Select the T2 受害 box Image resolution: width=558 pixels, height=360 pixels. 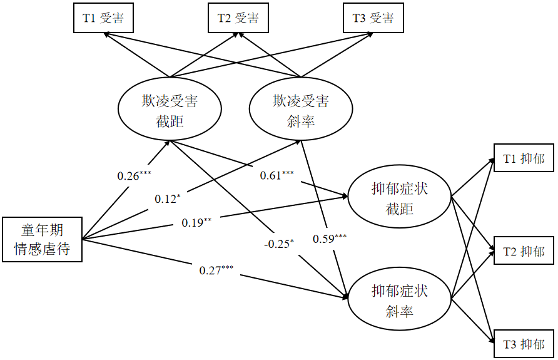(x=238, y=19)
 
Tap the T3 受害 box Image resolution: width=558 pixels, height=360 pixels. (x=373, y=19)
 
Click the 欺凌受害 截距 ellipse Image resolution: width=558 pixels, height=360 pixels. (x=170, y=110)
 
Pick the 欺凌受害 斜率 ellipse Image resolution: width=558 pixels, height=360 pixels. (x=301, y=110)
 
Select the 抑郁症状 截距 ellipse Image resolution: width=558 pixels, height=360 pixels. (x=400, y=198)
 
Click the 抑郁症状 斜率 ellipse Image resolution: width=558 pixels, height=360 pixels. (x=400, y=301)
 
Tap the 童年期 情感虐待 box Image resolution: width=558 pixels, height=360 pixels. (x=43, y=239)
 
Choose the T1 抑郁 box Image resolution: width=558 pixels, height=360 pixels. (x=524, y=160)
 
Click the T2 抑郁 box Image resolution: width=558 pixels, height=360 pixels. (x=524, y=252)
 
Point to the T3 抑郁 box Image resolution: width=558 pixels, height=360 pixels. (x=524, y=344)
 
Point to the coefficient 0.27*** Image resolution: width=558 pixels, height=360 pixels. (x=216, y=270)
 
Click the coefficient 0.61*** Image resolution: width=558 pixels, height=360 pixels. (x=277, y=176)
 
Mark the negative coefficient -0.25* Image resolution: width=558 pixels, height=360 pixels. (x=278, y=244)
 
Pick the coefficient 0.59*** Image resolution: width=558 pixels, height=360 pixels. (x=330, y=239)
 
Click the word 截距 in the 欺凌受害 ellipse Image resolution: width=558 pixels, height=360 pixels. (x=170, y=121)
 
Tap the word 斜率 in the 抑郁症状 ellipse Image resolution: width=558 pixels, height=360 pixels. (x=400, y=311)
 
